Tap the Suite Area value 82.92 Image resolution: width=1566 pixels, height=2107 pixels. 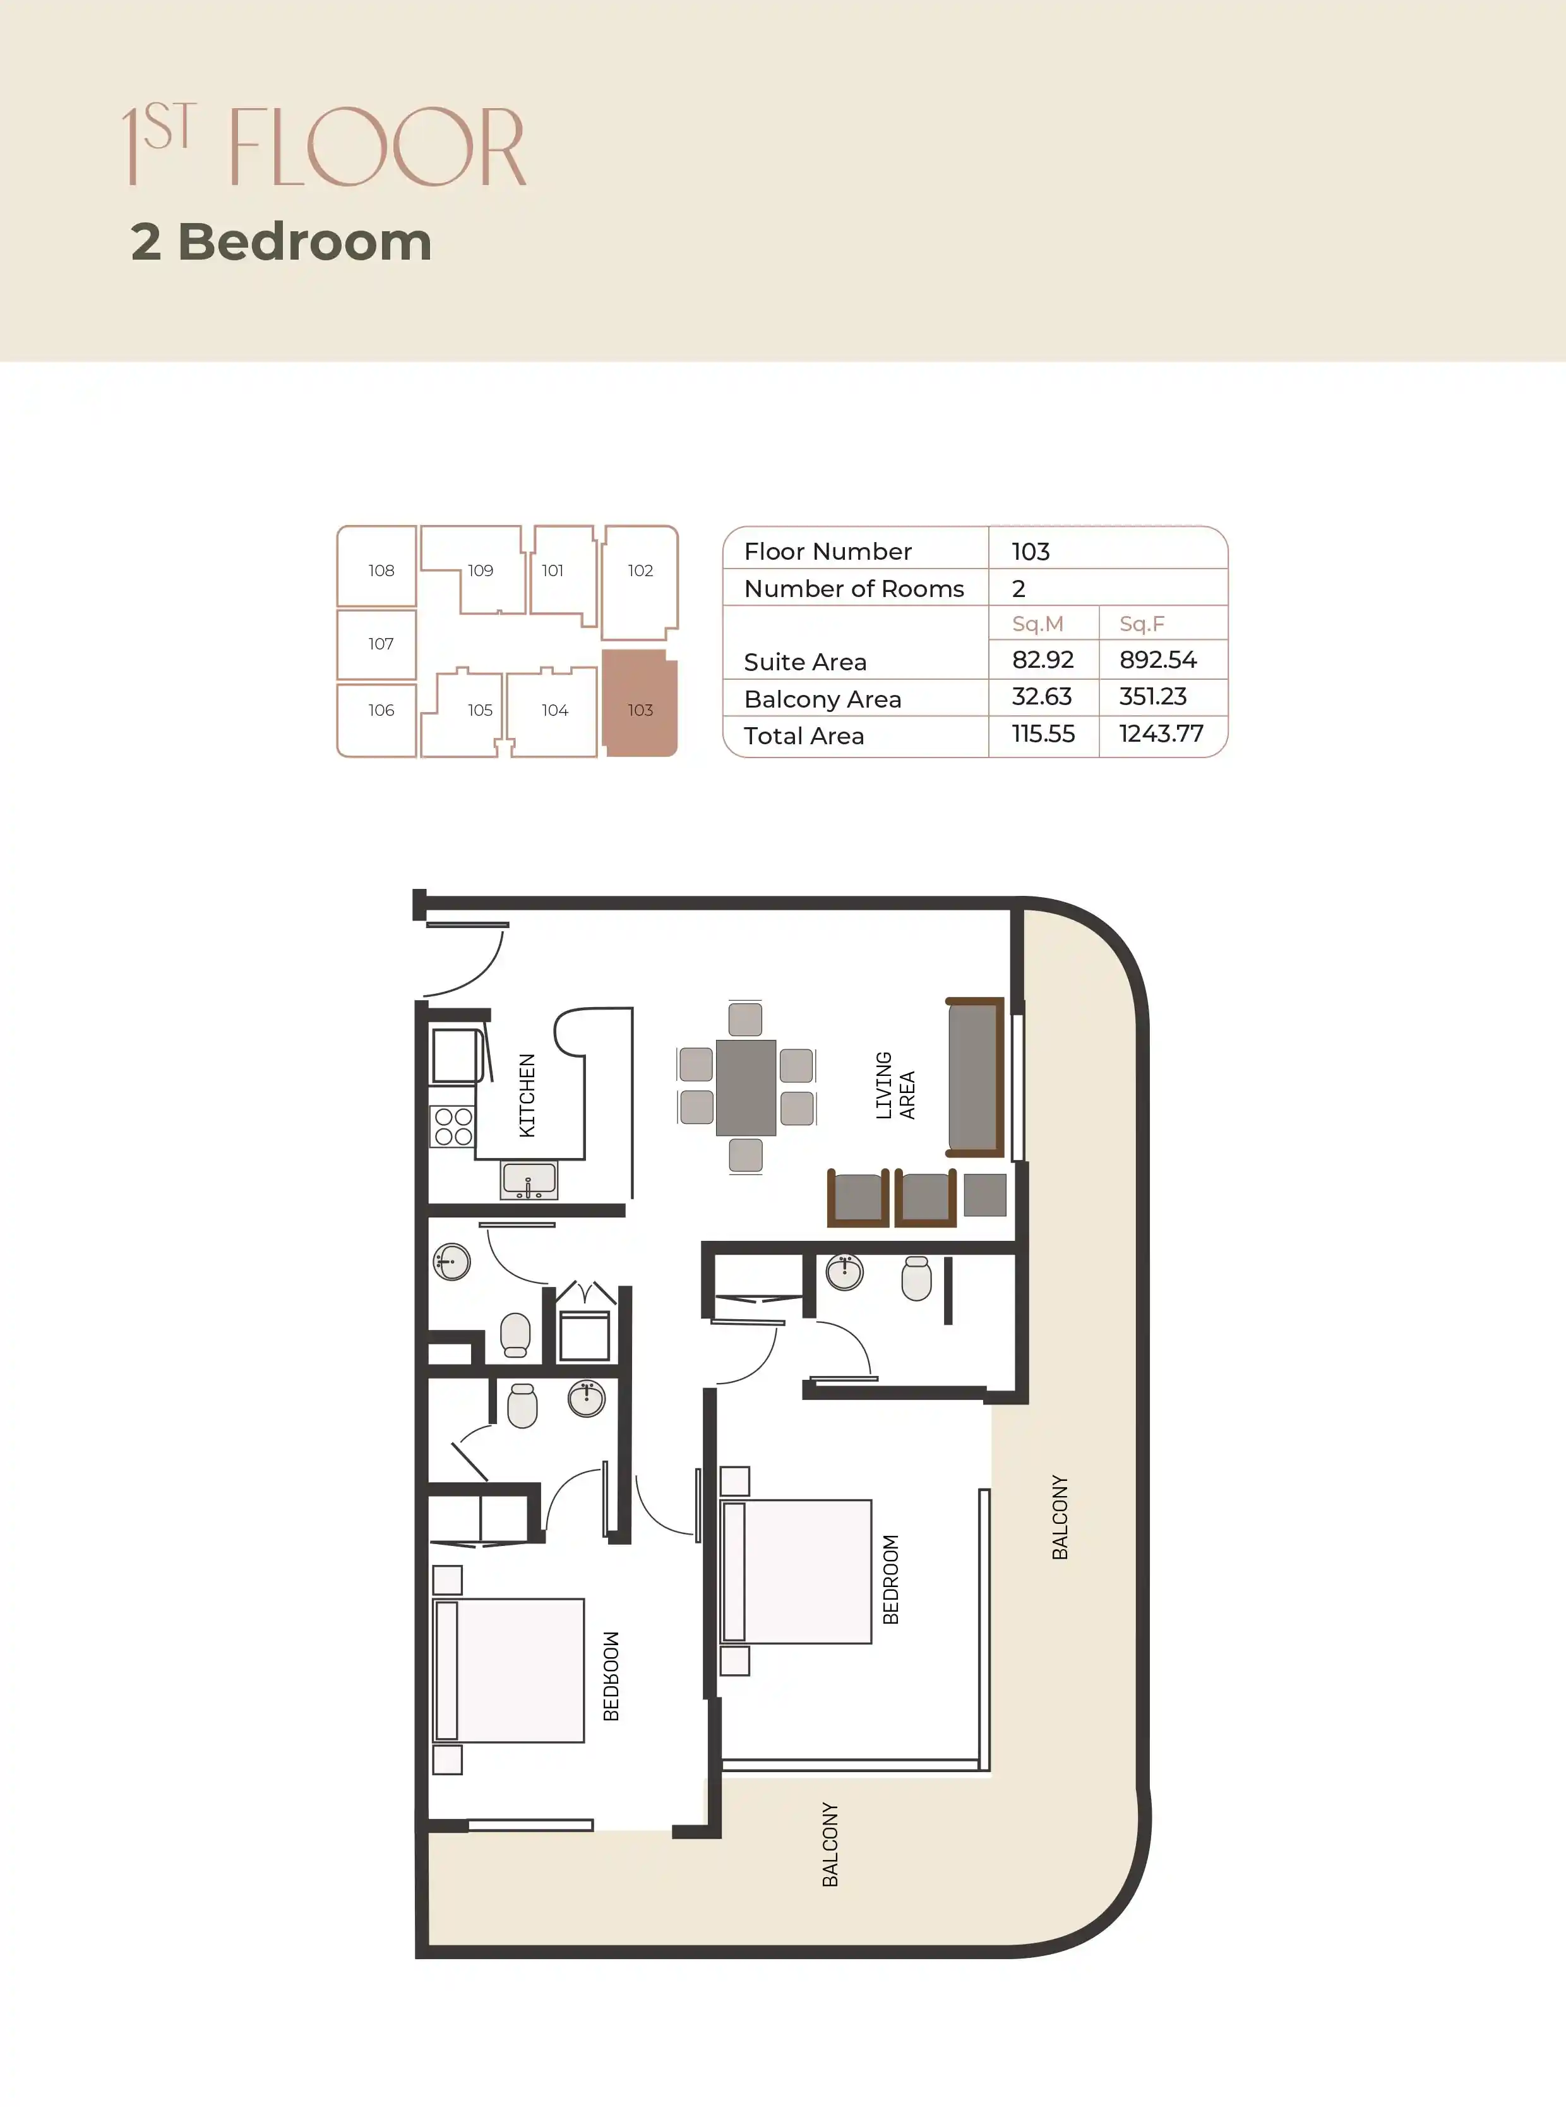click(x=1042, y=660)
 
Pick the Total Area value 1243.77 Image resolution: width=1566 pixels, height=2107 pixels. click(x=1160, y=734)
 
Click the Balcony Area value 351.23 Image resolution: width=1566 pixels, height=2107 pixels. click(x=1152, y=697)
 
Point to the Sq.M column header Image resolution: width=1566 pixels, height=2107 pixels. click(x=1037, y=624)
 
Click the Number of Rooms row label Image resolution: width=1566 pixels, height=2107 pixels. click(x=853, y=589)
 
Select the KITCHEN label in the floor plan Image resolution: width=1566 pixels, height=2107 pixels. click(x=527, y=1096)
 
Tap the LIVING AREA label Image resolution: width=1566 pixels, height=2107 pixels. click(x=895, y=1086)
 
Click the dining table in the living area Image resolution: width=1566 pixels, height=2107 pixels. click(x=746, y=1088)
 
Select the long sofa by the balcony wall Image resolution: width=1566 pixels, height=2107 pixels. click(x=974, y=1077)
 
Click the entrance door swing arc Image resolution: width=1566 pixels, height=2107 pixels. click(x=474, y=967)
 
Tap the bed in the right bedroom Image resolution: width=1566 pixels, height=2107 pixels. click(x=796, y=1571)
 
